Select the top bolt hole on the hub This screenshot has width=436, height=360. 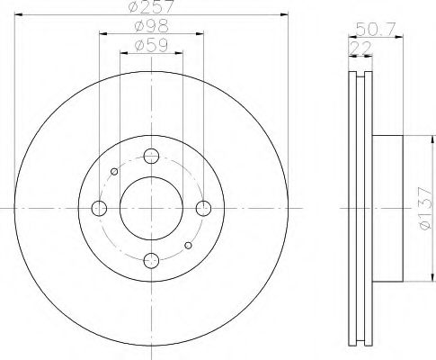click(x=151, y=155)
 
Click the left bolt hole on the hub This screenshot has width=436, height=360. click(x=100, y=208)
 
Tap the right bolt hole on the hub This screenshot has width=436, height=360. click(x=203, y=208)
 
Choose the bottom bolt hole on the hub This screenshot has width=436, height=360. click(x=151, y=260)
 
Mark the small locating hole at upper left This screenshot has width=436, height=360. click(x=114, y=171)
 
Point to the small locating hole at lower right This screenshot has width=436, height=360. click(x=188, y=244)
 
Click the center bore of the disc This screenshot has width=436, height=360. click(x=151, y=208)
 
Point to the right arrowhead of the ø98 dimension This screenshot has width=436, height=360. click(x=200, y=34)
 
